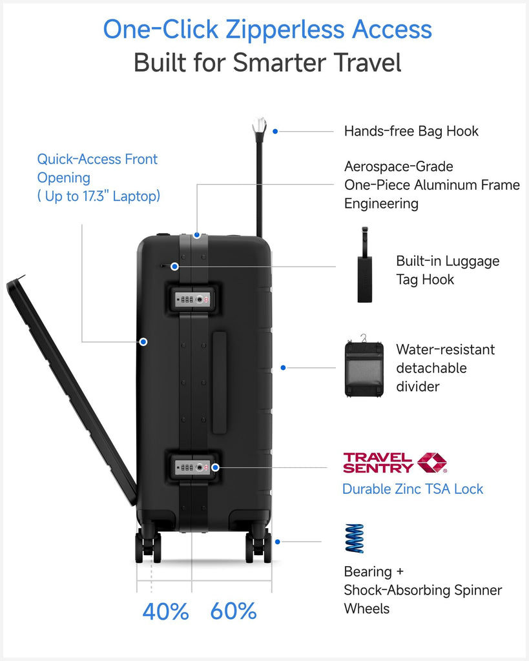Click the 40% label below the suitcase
[x=165, y=611]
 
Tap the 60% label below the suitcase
[x=233, y=611]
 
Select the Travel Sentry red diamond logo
[x=432, y=462]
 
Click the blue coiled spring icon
[x=354, y=538]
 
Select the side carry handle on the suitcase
[x=220, y=382]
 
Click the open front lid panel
[x=71, y=387]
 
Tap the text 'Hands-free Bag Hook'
[x=411, y=131]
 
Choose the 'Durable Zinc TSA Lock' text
[x=412, y=489]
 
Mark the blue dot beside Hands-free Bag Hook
[x=275, y=131]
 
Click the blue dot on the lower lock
[x=215, y=467]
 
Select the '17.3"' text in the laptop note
[x=92, y=196]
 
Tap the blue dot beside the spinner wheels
[x=278, y=542]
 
